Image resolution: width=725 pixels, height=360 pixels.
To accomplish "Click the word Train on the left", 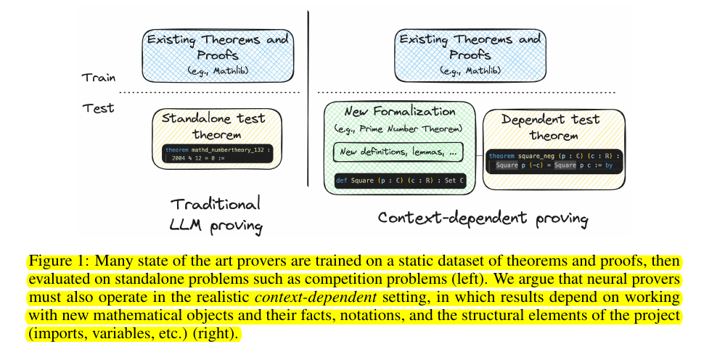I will [x=97, y=77].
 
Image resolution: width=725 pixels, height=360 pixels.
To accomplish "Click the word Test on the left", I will [x=98, y=107].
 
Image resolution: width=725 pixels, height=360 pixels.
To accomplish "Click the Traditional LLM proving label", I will [x=216, y=215].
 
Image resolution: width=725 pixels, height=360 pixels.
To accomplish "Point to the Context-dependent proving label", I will [x=483, y=218].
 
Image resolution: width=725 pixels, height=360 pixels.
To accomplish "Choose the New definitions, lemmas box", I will [x=398, y=152].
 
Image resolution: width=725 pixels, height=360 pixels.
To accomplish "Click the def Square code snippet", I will [x=400, y=180].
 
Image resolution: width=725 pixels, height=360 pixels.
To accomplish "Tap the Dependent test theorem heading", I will [x=551, y=127].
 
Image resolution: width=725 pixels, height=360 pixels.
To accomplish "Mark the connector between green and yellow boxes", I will [x=479, y=154].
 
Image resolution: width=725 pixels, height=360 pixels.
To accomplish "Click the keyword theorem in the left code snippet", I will [x=176, y=150].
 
